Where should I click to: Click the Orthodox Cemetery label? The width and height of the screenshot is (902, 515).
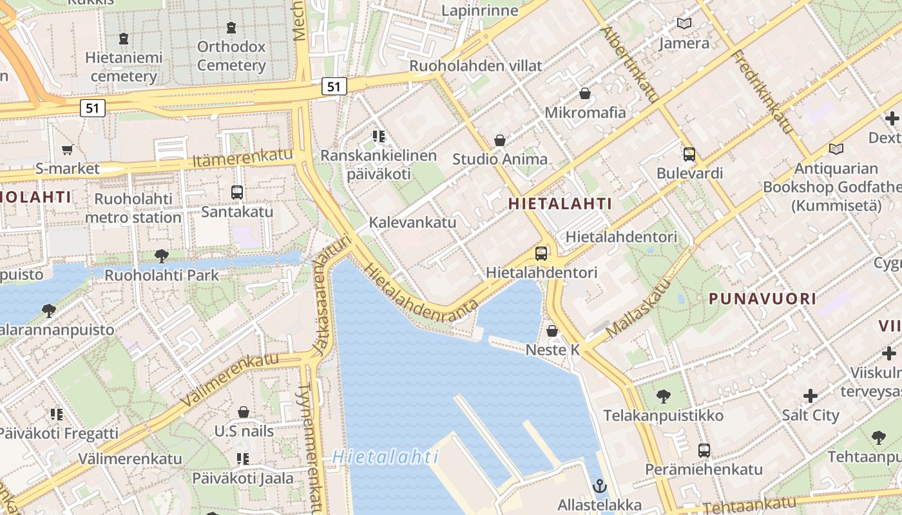(x=231, y=56)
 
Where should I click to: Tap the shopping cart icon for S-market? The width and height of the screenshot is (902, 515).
(x=67, y=150)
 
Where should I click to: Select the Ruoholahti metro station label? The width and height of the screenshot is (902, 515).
(x=133, y=208)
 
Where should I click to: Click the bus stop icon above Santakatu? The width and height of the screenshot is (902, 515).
(x=236, y=192)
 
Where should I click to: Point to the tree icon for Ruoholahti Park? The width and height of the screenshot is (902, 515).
(x=162, y=256)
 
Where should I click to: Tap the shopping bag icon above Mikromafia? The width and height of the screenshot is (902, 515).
(x=585, y=94)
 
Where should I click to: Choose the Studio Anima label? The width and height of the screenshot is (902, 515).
(x=499, y=159)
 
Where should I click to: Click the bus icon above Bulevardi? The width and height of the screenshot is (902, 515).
(x=689, y=154)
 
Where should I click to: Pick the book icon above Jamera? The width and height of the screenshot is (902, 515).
(x=684, y=24)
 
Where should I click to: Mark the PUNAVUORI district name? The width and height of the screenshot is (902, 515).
(x=763, y=299)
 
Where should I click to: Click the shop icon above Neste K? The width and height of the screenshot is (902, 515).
(x=552, y=332)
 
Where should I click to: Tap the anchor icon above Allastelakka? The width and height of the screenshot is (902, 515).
(x=600, y=485)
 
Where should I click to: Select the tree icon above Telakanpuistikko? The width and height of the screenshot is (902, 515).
(x=664, y=397)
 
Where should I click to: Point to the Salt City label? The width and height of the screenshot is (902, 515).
(x=811, y=415)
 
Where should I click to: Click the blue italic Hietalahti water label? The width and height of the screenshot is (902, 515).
(x=385, y=458)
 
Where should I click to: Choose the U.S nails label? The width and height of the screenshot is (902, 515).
(x=244, y=431)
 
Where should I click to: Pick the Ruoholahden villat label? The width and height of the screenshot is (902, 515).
(x=476, y=66)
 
